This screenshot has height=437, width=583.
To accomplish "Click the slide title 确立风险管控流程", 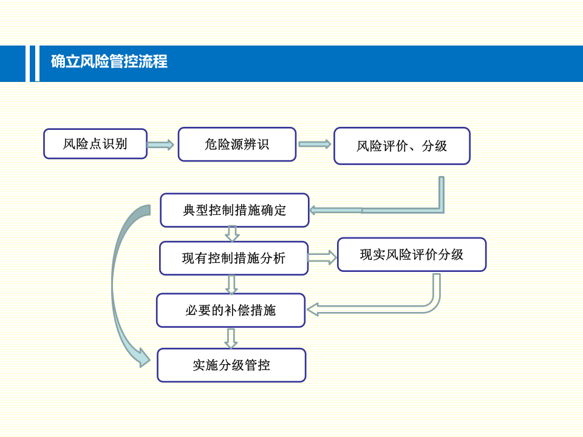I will coord(109,62).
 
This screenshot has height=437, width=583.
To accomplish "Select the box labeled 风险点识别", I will coord(95,144).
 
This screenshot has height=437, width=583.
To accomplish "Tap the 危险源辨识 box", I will coord(237,144).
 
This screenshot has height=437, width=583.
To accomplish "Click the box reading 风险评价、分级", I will coord(401,146).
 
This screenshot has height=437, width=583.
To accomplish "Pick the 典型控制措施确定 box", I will coord(234,210).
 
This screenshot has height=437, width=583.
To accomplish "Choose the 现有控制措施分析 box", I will coord(234,258).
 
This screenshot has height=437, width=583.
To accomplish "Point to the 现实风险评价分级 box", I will coord(411,254).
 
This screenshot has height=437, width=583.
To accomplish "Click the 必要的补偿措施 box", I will coord(231,310).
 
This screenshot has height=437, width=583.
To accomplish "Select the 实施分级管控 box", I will coord(231,365).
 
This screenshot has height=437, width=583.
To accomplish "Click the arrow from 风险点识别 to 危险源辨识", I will coord(161,144).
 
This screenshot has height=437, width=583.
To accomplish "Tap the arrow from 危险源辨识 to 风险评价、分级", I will coord(315,144).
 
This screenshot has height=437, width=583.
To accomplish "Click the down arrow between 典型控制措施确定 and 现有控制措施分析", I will coord(232,233).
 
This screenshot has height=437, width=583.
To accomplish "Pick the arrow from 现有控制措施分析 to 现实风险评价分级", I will coord(322,258).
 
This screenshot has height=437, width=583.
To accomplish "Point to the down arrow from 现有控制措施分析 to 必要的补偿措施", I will coord(231,284).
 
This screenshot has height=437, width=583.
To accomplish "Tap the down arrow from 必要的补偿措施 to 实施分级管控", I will coord(231,337).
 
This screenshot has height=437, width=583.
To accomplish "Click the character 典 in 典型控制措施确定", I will coord(189,211).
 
